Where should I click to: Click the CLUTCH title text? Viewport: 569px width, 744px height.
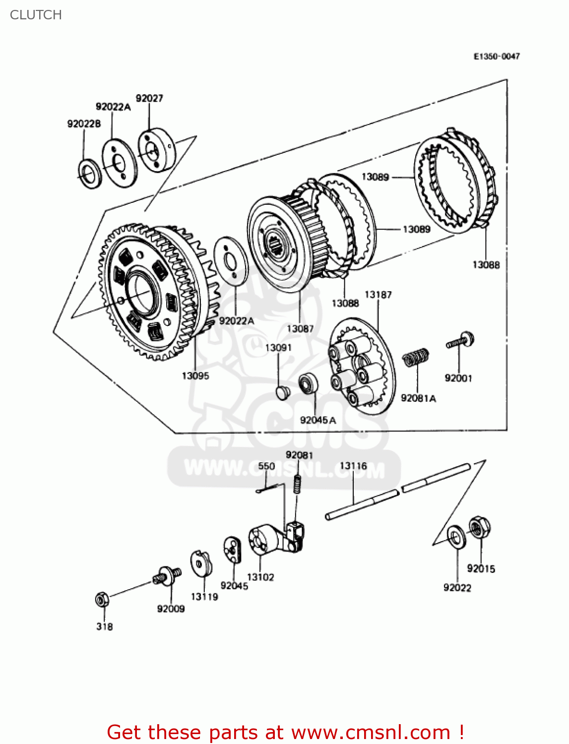click(x=36, y=15)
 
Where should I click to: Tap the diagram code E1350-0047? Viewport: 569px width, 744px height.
click(x=496, y=57)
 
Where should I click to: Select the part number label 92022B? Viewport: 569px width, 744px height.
click(x=84, y=124)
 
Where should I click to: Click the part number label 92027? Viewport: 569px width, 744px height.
click(x=149, y=98)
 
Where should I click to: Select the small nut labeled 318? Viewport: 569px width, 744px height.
click(x=102, y=600)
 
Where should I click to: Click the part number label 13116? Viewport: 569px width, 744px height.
click(x=353, y=466)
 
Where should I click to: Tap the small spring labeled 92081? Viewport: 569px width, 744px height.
click(x=297, y=484)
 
